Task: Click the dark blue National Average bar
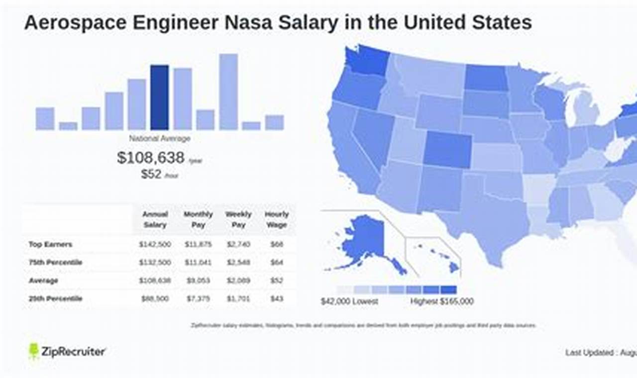pos(159,97)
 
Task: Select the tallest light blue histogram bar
pos(228,92)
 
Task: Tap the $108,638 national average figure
pos(151,158)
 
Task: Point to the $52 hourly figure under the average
pos(151,174)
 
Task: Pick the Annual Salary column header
pos(155,219)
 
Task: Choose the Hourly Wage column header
pos(277,219)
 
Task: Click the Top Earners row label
pos(50,244)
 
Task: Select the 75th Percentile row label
pos(55,262)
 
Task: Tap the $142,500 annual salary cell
pos(155,244)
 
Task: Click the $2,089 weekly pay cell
pos(238,281)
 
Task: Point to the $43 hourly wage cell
pos(277,298)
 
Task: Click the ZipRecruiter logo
pos(67,352)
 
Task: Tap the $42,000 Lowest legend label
pos(349,301)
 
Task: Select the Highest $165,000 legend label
pos(442,301)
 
